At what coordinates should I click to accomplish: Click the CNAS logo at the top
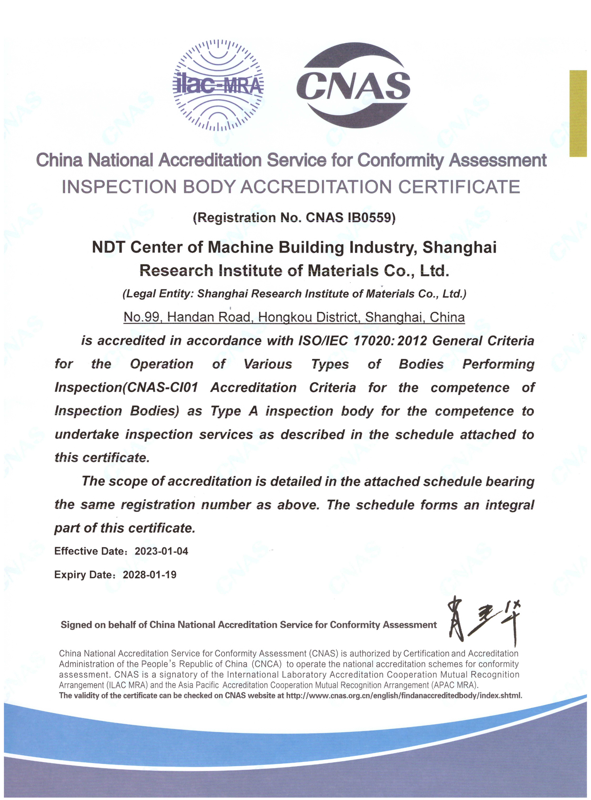coord(354,86)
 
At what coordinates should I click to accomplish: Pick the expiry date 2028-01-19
coord(150,575)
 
